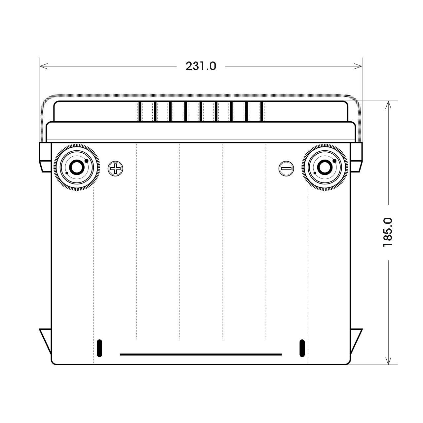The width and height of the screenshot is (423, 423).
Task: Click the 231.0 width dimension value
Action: tap(201, 66)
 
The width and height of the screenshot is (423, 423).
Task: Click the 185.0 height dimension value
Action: tap(388, 232)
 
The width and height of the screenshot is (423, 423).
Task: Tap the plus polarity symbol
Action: tap(115, 169)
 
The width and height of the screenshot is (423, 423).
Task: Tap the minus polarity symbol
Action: tap(286, 169)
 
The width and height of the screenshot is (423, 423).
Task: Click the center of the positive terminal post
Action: tap(77, 168)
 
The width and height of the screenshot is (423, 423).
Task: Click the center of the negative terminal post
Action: tap(325, 168)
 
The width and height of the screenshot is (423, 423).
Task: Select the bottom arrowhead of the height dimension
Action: tap(389, 362)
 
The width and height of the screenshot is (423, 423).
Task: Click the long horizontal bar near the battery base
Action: tap(201, 354)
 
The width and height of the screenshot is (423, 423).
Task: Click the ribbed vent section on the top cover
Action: tap(201, 111)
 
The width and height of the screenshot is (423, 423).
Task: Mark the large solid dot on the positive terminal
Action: tap(87, 161)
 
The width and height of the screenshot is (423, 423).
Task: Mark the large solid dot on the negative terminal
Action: tap(334, 161)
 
